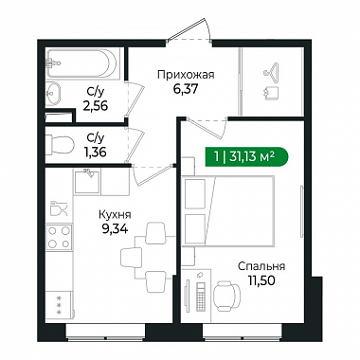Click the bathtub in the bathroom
tap(82, 63)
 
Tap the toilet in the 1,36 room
tap(60, 145)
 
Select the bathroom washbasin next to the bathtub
tap(52, 94)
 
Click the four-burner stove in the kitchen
tap(59, 237)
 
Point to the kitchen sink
tap(87, 181)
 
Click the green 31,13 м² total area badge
tap(246, 156)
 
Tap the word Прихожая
tap(186, 75)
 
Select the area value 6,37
tap(186, 89)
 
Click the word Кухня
tap(115, 215)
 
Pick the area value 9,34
tap(115, 229)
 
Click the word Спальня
tap(261, 266)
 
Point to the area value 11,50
tap(261, 280)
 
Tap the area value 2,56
tap(96, 106)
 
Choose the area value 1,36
tap(96, 152)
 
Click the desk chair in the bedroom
tap(226, 296)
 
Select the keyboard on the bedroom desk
tap(201, 297)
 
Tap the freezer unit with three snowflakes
tap(59, 305)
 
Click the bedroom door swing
tap(207, 127)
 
